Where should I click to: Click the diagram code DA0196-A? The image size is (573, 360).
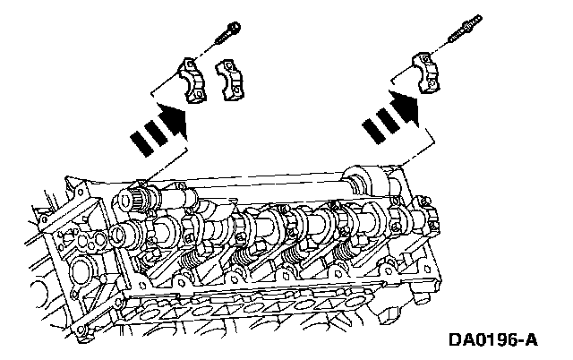point(493,340)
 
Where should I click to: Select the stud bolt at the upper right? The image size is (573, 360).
point(466,29)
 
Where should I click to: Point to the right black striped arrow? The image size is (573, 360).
point(390,116)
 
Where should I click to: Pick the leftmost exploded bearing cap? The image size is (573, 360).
point(192,81)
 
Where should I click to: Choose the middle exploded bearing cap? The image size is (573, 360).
point(229,80)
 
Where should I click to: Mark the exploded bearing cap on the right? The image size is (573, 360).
point(427,73)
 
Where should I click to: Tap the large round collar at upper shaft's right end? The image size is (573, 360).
point(363,183)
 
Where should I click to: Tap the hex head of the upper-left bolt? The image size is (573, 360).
point(233,27)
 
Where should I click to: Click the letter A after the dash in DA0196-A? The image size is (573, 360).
point(531,340)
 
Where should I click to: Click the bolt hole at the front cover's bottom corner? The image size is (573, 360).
point(81,330)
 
